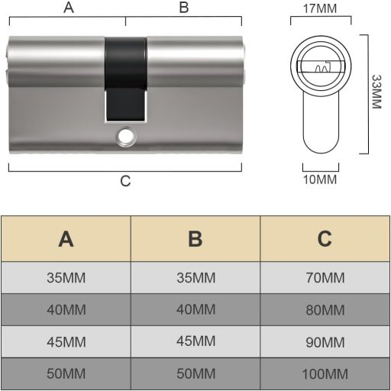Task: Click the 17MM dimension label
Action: point(320,11)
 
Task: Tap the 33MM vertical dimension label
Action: point(375,92)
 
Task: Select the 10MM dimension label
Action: point(320,179)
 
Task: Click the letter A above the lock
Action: point(69,8)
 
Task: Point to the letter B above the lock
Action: point(183,8)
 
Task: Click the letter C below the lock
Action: point(126,181)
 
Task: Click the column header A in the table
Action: point(66,239)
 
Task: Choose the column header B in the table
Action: point(195,239)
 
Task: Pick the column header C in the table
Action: point(325,239)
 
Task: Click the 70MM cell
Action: point(325,277)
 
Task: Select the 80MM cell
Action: point(325,310)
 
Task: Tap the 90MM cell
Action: point(325,342)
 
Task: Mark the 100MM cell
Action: point(325,374)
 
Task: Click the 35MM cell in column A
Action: point(66,277)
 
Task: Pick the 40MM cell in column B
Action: point(195,310)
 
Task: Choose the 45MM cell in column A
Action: point(66,342)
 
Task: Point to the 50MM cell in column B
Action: point(195,374)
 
